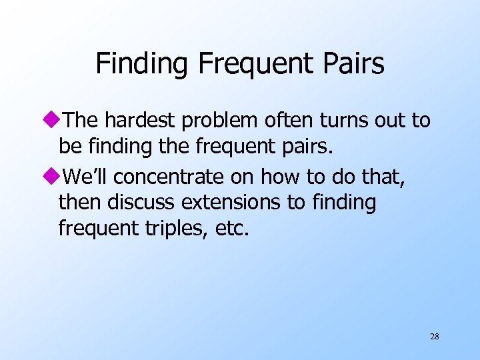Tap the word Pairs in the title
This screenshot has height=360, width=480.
pyautogui.click(x=353, y=64)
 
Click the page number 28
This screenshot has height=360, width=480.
pyautogui.click(x=435, y=337)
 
